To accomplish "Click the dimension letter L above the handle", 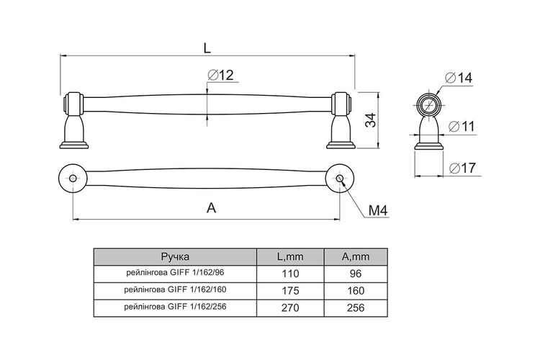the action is pyautogui.click(x=207, y=48).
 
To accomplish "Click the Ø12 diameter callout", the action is pyautogui.click(x=221, y=75).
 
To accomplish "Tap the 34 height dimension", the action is pyautogui.click(x=371, y=120).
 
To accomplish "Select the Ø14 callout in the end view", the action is pyautogui.click(x=459, y=78).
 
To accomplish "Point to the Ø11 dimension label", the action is pyautogui.click(x=462, y=127).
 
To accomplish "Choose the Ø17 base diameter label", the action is pyautogui.click(x=462, y=168).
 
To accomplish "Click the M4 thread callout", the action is pyautogui.click(x=378, y=210).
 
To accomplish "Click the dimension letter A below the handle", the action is pyautogui.click(x=211, y=208).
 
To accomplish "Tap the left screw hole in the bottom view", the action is pyautogui.click(x=73, y=178).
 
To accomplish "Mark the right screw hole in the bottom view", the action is pyautogui.click(x=340, y=178).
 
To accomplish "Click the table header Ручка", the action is pyautogui.click(x=175, y=256).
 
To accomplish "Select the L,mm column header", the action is pyautogui.click(x=290, y=256).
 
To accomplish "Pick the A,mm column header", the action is pyautogui.click(x=356, y=256).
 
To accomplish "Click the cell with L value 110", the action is pyautogui.click(x=290, y=274).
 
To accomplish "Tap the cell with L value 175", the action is pyautogui.click(x=290, y=291).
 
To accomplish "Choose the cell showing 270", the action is pyautogui.click(x=290, y=307).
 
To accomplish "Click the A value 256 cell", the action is pyautogui.click(x=356, y=307).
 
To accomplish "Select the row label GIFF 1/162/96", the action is pyautogui.click(x=175, y=273).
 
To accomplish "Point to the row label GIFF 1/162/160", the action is pyautogui.click(x=175, y=289).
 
